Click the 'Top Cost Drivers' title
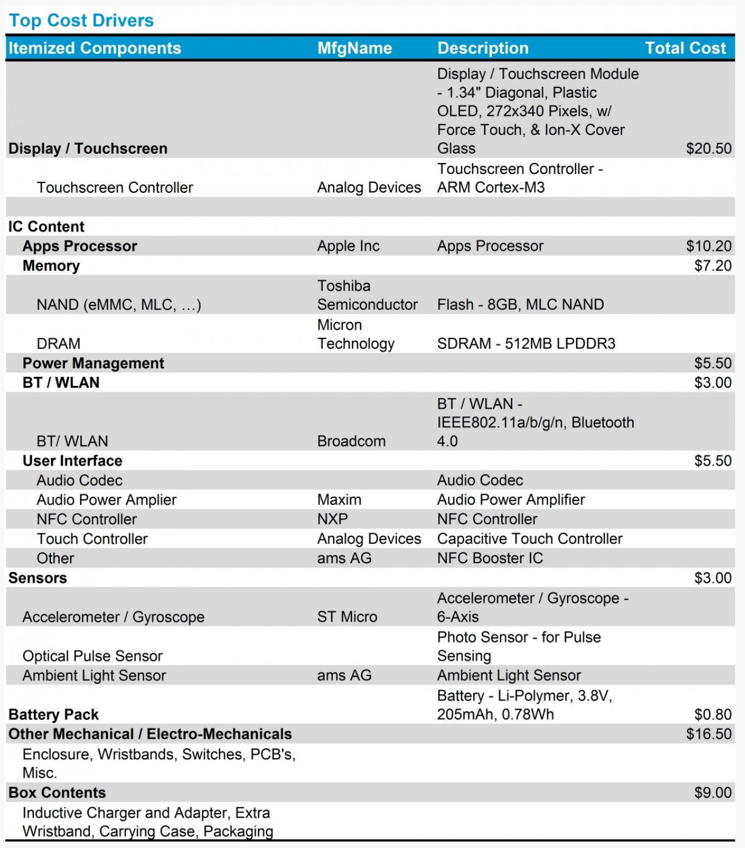(81, 21)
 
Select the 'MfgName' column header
(355, 48)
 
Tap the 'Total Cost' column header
(685, 48)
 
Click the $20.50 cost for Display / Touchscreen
(708, 149)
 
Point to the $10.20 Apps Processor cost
(708, 246)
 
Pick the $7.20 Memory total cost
(712, 265)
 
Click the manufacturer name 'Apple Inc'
(348, 246)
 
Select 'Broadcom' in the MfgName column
(351, 441)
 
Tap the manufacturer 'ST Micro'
(347, 616)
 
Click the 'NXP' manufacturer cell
(332, 519)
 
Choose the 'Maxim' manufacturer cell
(339, 499)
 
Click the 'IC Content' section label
(46, 226)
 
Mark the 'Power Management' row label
(93, 363)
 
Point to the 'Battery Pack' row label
(54, 714)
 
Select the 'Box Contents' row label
(57, 793)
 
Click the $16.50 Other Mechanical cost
(708, 734)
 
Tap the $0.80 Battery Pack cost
(712, 714)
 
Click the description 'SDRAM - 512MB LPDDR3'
(526, 343)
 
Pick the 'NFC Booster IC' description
(490, 558)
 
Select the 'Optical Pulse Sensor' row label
(93, 656)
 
